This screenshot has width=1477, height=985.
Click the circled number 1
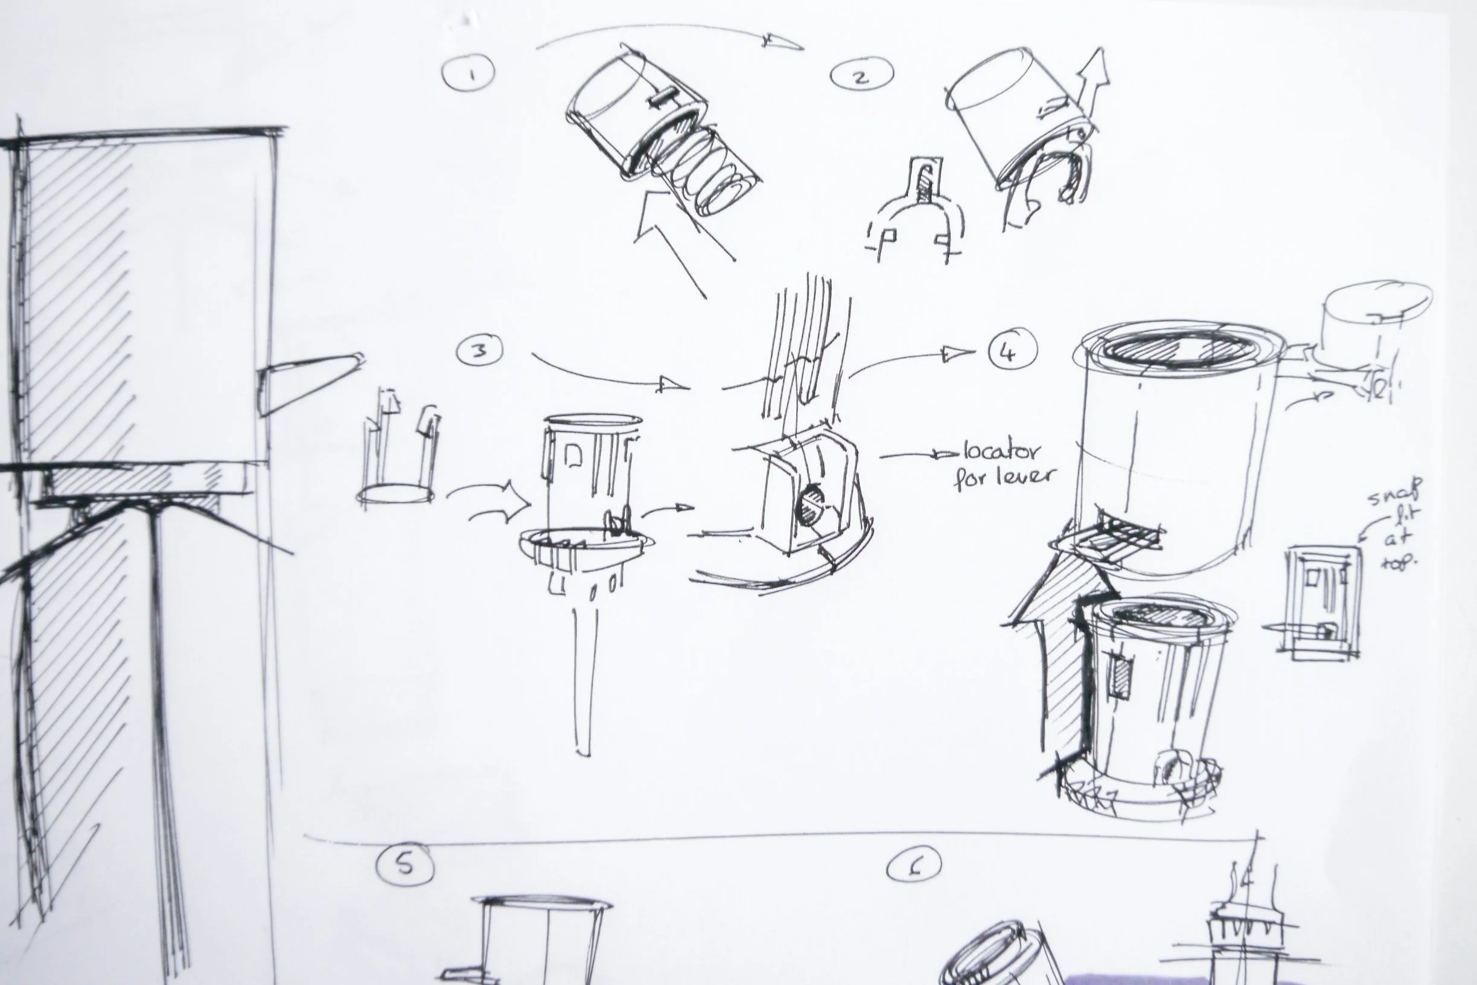click(468, 73)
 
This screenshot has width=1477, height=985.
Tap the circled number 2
click(861, 75)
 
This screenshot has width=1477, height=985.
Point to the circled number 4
click(1012, 351)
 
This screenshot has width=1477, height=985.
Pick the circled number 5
click(405, 864)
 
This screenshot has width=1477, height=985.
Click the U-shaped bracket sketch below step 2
click(916, 214)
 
